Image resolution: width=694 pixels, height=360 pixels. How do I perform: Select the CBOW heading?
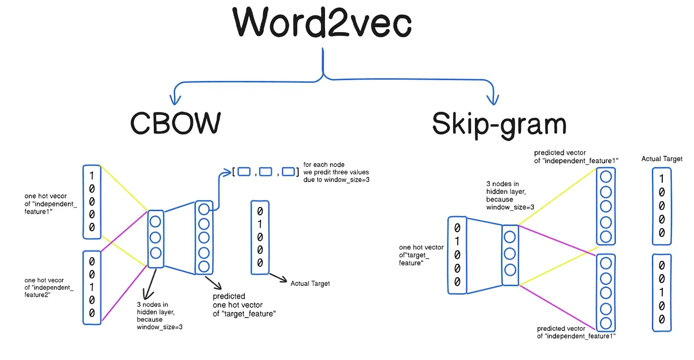175,123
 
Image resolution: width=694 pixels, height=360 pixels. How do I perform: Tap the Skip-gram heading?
499,123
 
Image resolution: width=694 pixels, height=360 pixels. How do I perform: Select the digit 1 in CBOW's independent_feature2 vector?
92,286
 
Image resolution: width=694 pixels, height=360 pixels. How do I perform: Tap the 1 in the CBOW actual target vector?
260,223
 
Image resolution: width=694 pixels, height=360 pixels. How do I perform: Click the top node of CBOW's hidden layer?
155,222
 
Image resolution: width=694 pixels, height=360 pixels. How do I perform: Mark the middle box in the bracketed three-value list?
265,172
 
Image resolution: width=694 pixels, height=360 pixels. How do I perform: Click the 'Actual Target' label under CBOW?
310,283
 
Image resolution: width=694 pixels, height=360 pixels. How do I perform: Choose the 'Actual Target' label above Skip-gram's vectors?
662,159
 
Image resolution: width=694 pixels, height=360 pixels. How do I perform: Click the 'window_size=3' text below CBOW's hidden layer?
159,327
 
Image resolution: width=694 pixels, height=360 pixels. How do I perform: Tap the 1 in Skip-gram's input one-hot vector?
457,241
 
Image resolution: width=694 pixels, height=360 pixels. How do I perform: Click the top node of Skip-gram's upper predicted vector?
606,177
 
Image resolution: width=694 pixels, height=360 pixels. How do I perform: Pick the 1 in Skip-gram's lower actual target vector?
662,292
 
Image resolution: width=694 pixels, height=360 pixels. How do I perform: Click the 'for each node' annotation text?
324,165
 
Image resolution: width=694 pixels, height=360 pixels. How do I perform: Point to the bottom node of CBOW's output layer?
203,266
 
